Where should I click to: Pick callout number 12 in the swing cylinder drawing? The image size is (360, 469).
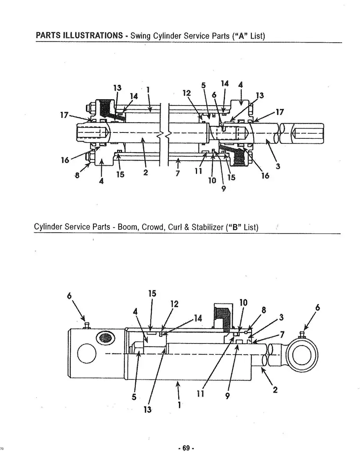point(187,93)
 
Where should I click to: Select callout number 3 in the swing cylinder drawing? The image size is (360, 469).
point(278,166)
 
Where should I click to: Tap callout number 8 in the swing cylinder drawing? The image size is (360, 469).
point(77,175)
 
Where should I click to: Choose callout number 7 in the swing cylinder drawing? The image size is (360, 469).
point(177,173)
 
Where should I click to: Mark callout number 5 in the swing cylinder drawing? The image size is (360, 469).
point(203,85)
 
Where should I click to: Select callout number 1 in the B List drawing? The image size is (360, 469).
point(179,405)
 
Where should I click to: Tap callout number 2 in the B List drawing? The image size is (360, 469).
point(275,390)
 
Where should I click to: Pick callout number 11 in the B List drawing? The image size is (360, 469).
point(201,394)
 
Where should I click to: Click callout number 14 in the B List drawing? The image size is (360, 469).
point(198,318)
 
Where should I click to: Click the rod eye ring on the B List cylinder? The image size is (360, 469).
point(302,354)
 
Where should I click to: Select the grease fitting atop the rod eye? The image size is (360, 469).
point(304,335)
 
